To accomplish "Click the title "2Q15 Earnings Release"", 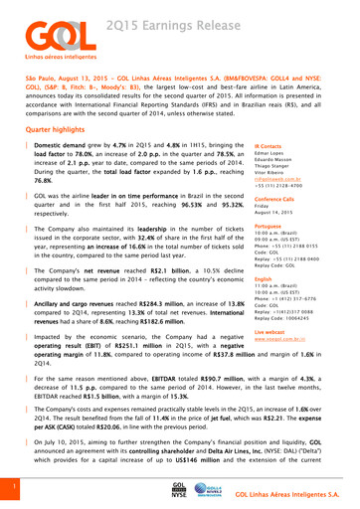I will click(x=159, y=21).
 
